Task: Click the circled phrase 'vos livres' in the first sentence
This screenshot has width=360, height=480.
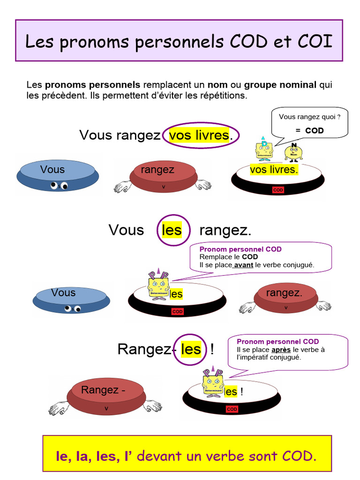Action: [200, 135]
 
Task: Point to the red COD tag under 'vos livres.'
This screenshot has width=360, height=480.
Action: [278, 190]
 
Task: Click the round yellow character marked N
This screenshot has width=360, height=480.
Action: [294, 153]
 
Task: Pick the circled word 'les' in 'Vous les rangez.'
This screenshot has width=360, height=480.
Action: [172, 230]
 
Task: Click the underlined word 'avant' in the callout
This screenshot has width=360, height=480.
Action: [243, 265]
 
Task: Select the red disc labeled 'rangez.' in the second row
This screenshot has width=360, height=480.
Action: [285, 296]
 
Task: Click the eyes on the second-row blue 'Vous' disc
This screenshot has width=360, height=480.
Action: [73, 308]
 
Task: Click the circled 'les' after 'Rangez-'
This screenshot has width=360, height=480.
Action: [190, 349]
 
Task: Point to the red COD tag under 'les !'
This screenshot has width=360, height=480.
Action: [232, 409]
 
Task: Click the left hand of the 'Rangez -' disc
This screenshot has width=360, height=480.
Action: [58, 408]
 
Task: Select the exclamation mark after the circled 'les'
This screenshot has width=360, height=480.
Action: [212, 349]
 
